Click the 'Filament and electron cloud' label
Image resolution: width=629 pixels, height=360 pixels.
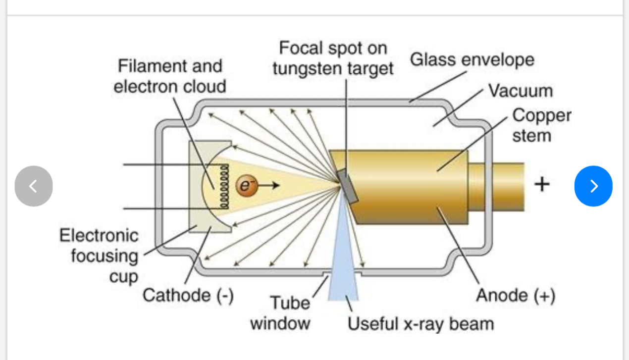coord(170,76)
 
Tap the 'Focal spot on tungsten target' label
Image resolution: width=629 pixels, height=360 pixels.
coord(333,58)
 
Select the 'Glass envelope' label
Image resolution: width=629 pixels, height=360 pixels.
coord(472,60)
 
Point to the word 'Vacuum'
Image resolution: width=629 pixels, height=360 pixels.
coord(521,91)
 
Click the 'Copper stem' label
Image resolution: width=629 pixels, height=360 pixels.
coord(541,125)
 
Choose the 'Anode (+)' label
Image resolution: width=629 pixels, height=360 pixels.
coord(516,296)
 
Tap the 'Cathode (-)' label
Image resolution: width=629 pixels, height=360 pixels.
coord(188,296)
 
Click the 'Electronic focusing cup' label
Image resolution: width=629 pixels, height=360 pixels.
coord(99,256)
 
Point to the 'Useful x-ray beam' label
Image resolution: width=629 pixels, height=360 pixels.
coord(420,324)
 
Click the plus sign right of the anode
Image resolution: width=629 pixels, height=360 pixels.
coord(542,184)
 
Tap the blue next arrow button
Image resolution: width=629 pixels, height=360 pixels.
coord(593,186)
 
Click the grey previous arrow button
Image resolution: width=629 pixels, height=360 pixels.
coord(34,186)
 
